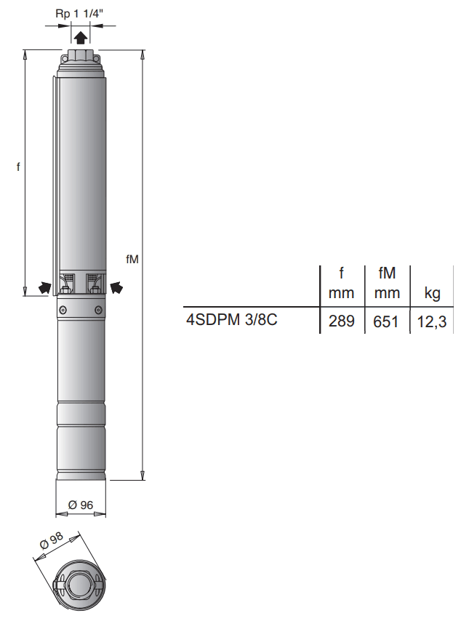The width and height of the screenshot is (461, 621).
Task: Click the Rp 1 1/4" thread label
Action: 79,14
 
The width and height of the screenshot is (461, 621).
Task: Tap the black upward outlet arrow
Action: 81,38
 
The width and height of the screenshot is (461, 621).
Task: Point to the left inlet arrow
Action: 45,287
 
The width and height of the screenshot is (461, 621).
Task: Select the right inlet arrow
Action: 116,287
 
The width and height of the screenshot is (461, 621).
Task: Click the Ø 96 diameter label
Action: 81,505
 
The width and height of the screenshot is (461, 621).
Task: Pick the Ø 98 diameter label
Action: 52,540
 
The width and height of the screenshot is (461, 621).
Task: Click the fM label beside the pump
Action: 132,259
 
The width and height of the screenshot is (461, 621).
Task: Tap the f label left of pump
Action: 18,167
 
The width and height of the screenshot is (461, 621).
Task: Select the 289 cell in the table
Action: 342,321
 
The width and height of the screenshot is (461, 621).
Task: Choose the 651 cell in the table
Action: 386,321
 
